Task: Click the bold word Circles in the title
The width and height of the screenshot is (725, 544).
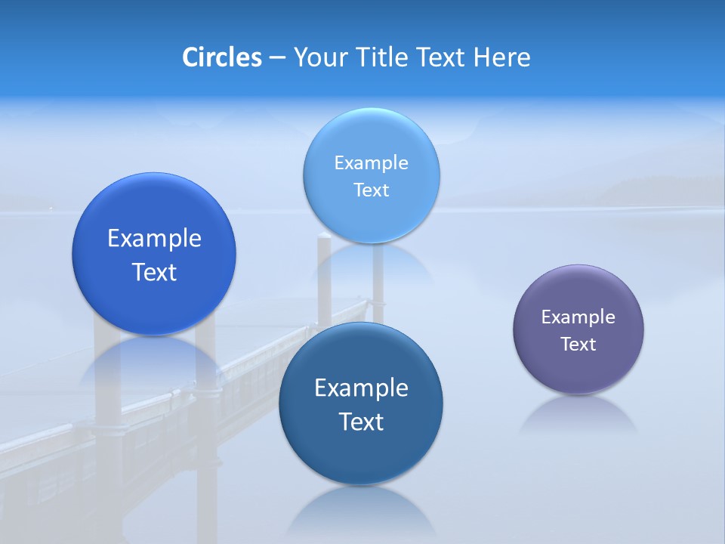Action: pos(222,57)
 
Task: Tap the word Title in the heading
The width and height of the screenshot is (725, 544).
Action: pos(380,57)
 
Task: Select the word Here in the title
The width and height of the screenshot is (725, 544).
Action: pos(501,57)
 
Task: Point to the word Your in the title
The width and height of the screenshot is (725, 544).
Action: pos(319,57)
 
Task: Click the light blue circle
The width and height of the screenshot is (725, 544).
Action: pos(371,219)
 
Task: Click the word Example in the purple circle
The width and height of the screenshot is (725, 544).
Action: pos(578,317)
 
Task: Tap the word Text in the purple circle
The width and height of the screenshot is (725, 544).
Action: pos(578,345)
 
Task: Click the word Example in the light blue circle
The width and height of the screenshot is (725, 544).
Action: pos(371,162)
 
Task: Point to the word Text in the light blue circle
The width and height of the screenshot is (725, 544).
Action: pos(371,190)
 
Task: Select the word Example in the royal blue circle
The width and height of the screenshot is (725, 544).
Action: pos(154,238)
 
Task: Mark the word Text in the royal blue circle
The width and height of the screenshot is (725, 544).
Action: pos(154,272)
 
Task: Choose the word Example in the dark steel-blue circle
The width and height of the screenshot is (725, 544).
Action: pos(361,388)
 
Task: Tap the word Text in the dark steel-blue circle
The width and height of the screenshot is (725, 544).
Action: pos(361,422)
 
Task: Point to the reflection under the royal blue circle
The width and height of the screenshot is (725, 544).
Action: pos(154,363)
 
